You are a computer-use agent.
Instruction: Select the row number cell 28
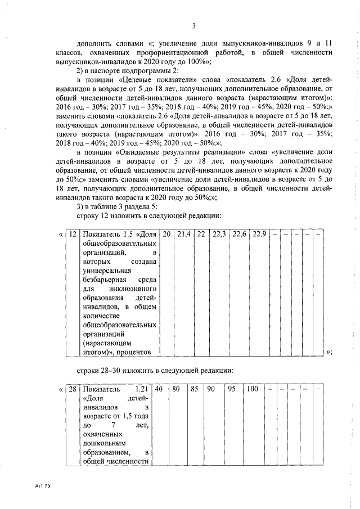pyautogui.click(x=73, y=389)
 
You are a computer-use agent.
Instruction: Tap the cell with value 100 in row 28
pyautogui.click(x=253, y=389)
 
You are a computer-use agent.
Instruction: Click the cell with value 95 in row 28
pyautogui.click(x=231, y=389)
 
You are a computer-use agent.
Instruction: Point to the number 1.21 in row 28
pyautogui.click(x=146, y=389)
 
